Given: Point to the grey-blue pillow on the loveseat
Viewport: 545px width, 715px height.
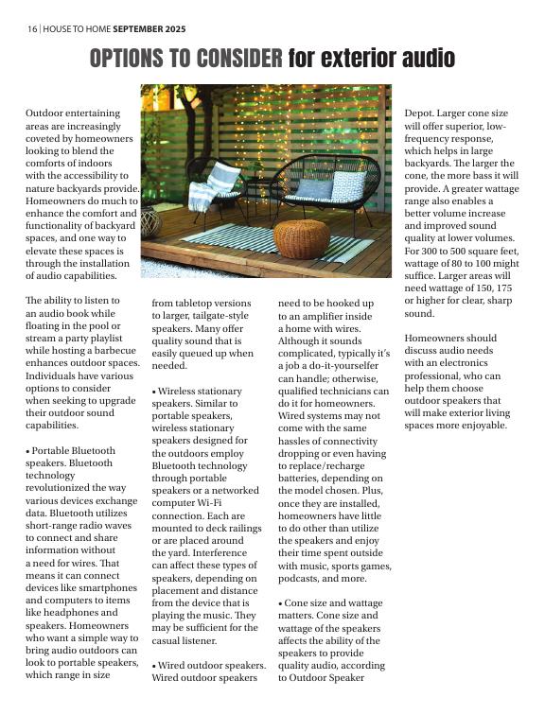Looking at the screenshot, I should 315,188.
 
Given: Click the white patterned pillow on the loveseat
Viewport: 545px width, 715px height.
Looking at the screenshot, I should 349,185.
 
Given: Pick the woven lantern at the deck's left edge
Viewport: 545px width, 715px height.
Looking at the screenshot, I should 149,223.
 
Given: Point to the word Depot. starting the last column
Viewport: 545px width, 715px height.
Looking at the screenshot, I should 421,112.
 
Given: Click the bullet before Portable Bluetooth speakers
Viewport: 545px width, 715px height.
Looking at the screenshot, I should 28,451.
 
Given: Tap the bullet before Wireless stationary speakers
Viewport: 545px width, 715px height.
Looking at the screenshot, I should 154,391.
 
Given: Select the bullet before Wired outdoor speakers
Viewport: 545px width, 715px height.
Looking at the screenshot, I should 154,666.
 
